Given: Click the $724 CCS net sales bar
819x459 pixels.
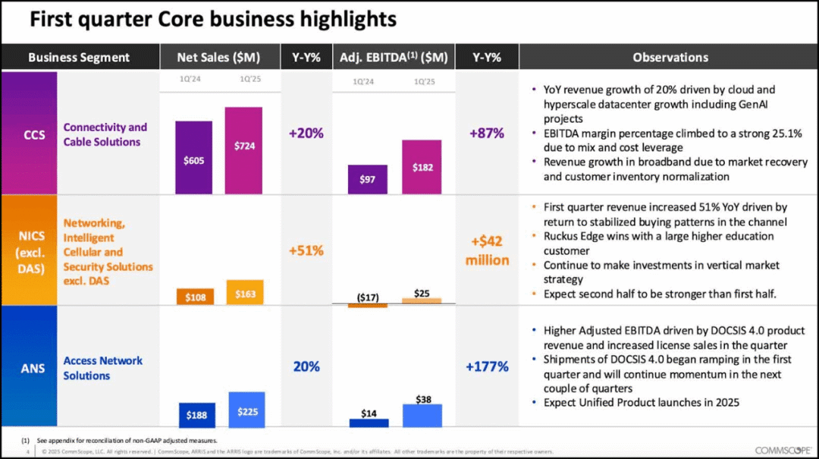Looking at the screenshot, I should tap(243, 150).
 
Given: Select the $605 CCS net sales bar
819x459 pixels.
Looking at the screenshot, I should tap(193, 157).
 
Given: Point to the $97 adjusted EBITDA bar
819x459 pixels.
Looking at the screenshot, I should tap(368, 179).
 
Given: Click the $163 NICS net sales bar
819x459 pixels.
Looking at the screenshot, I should tap(244, 293).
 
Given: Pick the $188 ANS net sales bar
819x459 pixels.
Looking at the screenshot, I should tap(196, 414).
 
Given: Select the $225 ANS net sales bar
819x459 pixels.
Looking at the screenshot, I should tap(246, 410).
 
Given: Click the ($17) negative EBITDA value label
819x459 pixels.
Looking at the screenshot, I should tap(368, 297).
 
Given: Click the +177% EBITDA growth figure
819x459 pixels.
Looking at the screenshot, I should tap(487, 367).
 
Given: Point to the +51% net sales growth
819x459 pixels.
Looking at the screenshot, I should tap(306, 250).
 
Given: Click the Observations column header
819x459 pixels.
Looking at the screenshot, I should tap(670, 57).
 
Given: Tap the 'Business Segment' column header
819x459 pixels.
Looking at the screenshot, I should tap(79, 57).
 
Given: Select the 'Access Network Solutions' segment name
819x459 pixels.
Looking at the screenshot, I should tap(102, 368).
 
